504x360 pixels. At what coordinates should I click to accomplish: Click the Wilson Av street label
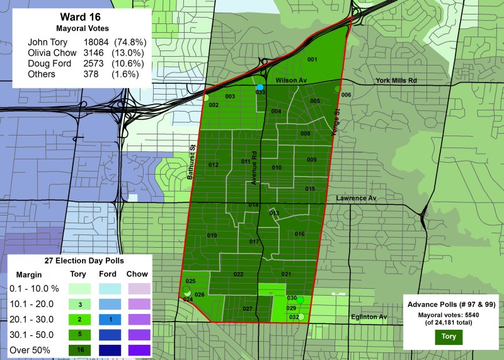click(x=291, y=81)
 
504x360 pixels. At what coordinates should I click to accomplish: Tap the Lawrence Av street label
click(x=355, y=198)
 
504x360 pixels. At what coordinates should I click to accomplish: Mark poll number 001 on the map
click(x=311, y=59)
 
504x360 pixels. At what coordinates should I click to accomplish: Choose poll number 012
click(x=214, y=165)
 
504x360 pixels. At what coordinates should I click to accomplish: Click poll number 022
click(x=238, y=274)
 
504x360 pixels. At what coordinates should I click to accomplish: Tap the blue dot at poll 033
click(x=260, y=87)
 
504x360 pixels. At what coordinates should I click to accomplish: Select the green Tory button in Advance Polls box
click(x=449, y=337)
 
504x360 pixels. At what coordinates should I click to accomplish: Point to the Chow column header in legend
click(x=137, y=274)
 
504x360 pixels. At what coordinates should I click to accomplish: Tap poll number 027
click(x=248, y=308)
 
